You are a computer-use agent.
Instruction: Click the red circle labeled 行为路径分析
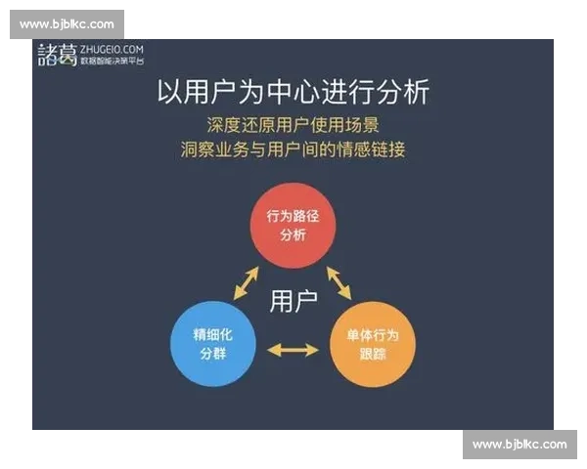click(293, 226)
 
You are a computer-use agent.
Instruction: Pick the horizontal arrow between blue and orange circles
click(293, 349)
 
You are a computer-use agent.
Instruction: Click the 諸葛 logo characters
click(56, 53)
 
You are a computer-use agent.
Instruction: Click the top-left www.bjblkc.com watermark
click(67, 23)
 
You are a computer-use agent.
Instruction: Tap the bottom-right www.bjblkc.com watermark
click(519, 445)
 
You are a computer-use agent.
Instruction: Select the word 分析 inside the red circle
click(293, 235)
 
